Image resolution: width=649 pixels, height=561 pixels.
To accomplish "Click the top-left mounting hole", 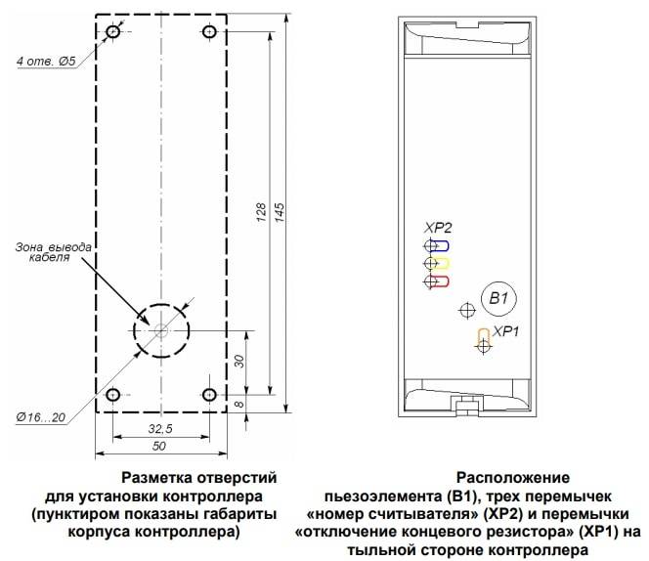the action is tap(113, 31).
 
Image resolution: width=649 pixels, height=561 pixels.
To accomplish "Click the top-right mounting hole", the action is tap(209, 31).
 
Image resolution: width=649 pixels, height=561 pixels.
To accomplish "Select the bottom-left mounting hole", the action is tap(113, 395).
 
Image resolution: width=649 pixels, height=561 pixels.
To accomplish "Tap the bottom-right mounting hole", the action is tap(209, 395).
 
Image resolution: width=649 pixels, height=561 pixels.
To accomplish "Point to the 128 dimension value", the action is tap(261, 212).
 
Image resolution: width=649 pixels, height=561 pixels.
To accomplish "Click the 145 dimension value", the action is tap(280, 212).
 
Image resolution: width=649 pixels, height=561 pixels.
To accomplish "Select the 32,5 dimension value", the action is tap(160, 428).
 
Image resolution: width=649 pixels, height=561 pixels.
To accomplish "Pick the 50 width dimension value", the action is tap(159, 446).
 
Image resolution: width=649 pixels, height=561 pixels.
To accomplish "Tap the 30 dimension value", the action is tap(239, 361).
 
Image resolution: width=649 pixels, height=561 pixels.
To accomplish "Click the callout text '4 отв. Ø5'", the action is tap(46, 62).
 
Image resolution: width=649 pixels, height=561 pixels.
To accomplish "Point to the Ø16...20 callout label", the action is tap(41, 417).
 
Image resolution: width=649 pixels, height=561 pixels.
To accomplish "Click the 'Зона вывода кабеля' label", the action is tap(53, 252).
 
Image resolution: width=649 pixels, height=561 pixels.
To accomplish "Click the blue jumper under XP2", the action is tap(439, 246).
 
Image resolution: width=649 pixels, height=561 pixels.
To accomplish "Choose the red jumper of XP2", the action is tap(438, 281).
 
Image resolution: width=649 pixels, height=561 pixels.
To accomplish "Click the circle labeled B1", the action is tap(498, 298).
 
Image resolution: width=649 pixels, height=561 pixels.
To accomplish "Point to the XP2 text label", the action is tap(438, 228).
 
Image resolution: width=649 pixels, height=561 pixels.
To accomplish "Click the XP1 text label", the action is tap(505, 331).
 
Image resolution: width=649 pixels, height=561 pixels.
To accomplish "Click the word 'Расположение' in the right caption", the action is tap(513, 477).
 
